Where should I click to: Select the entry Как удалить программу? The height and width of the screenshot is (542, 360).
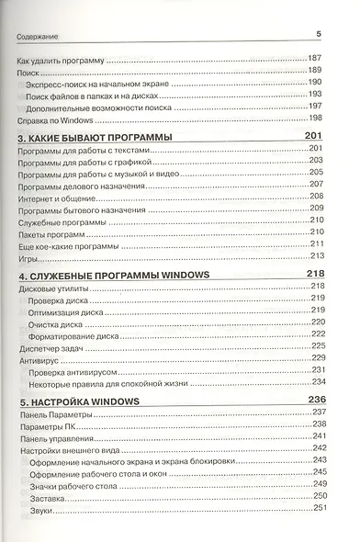[x=62, y=59]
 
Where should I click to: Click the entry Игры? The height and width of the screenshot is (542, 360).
[x=28, y=256]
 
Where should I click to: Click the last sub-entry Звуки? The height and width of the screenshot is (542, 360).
[x=40, y=509]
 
